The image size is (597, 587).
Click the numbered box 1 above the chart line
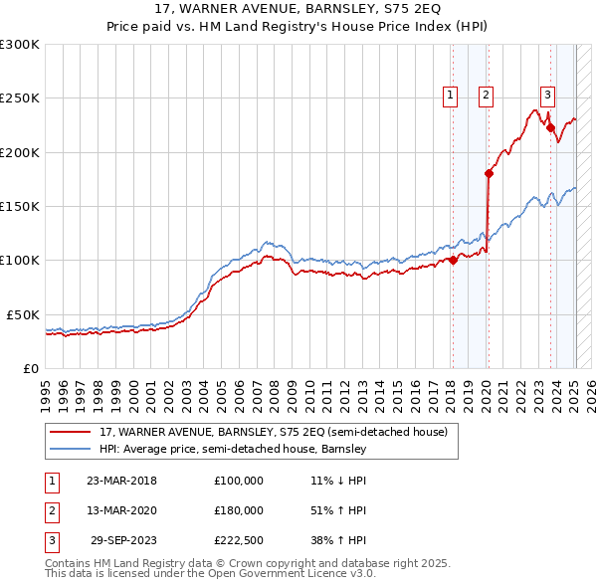[x=451, y=96]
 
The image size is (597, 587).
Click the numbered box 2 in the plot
[x=486, y=96]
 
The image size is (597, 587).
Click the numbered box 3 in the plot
[x=547, y=96]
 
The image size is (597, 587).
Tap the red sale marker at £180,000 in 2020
[x=489, y=173]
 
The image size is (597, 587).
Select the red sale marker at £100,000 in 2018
[x=453, y=261]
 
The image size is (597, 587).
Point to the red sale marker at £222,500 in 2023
[x=550, y=127]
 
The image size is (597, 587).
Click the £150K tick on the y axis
[x=20, y=206]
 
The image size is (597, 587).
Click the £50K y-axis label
[x=24, y=314]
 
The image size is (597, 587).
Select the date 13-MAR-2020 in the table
[x=121, y=510]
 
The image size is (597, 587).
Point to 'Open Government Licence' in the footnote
[x=275, y=573]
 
